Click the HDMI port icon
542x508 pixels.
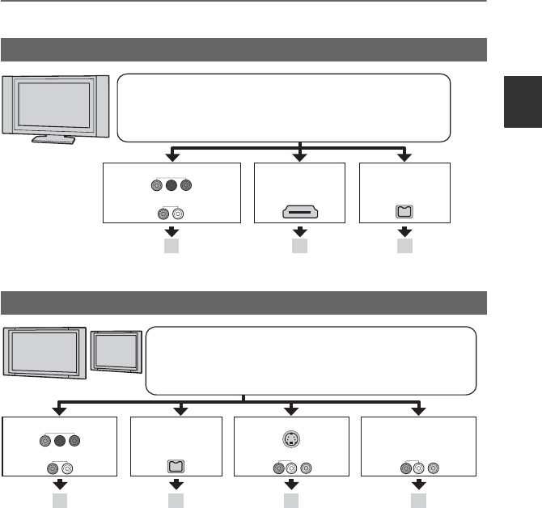coord(300,213)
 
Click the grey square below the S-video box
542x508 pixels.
coord(290,501)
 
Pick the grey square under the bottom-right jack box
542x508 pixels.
coord(418,501)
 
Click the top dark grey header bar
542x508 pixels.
coord(243,49)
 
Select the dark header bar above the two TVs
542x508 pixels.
coord(243,303)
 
